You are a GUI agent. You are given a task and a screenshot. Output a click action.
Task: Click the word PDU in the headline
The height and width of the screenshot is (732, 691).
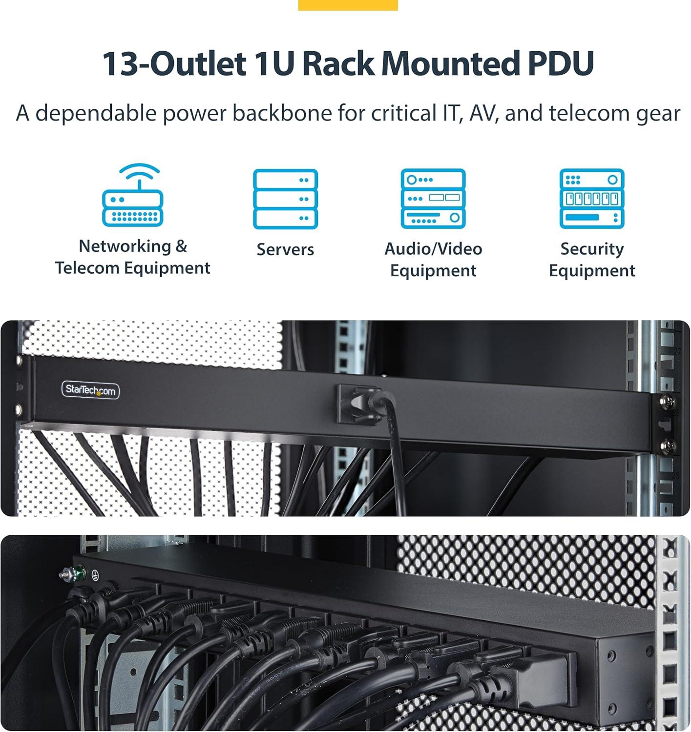pyautogui.click(x=561, y=63)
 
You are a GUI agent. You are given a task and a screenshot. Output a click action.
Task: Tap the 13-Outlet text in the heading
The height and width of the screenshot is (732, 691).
pyautogui.click(x=174, y=63)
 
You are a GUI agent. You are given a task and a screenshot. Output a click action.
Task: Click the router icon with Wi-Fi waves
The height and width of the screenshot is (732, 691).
pyautogui.click(x=132, y=195)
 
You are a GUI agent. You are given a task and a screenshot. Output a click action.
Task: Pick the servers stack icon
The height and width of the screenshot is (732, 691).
pyautogui.click(x=285, y=199)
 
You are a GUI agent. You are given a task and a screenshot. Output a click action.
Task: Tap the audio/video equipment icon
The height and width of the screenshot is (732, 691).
pyautogui.click(x=433, y=199)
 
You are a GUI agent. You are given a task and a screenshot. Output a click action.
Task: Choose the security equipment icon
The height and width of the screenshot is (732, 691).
pyautogui.click(x=592, y=199)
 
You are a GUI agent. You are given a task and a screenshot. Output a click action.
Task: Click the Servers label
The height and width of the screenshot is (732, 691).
pyautogui.click(x=285, y=249)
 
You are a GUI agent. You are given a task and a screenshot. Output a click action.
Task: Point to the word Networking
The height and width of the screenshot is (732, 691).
pyautogui.click(x=125, y=246)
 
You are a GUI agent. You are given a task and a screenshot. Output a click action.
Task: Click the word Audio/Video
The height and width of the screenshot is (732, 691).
pyautogui.click(x=433, y=249)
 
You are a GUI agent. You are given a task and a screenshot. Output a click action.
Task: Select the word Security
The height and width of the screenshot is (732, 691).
pyautogui.click(x=592, y=249)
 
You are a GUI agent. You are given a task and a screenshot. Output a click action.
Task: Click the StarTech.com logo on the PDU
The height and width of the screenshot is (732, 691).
pyautogui.click(x=90, y=390)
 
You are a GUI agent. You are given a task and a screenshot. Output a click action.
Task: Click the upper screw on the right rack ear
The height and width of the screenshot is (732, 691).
pyautogui.click(x=669, y=401)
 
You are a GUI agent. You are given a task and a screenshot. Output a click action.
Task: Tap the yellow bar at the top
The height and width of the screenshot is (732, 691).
pyautogui.click(x=348, y=5)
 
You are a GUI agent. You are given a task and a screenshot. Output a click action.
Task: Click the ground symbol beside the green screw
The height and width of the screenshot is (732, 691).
pyautogui.click(x=95, y=575)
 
